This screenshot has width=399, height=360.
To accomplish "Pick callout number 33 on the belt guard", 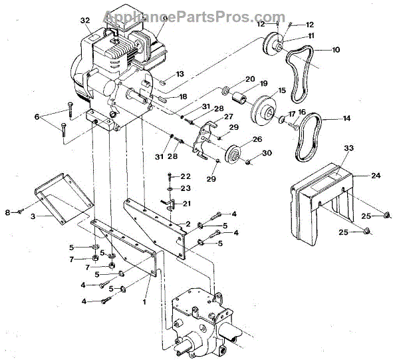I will (x=348, y=149).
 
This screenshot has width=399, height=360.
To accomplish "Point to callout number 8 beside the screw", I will (x=9, y=213).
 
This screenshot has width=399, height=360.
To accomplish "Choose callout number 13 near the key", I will (x=180, y=74).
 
